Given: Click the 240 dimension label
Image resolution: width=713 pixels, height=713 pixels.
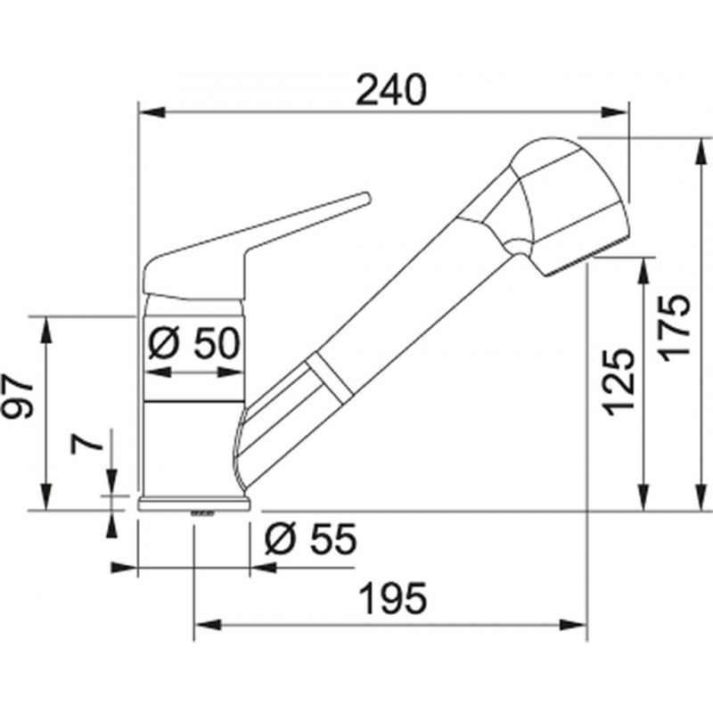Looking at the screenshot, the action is pyautogui.click(x=391, y=90).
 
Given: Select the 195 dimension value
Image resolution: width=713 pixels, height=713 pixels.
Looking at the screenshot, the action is pyautogui.click(x=394, y=598).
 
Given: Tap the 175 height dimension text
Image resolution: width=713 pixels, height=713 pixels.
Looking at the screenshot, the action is pyautogui.click(x=676, y=328).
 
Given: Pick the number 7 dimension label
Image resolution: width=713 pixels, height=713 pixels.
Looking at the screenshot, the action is pyautogui.click(x=86, y=441).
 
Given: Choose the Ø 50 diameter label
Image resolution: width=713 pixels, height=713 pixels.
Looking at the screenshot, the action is pyautogui.click(x=193, y=343).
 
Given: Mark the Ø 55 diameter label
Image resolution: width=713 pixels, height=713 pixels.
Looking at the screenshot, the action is pyautogui.click(x=311, y=539).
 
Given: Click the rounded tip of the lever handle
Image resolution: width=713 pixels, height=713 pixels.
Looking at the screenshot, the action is pyautogui.click(x=365, y=198).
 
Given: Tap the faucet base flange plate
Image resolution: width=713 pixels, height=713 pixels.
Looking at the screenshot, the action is pyautogui.click(x=194, y=504).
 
